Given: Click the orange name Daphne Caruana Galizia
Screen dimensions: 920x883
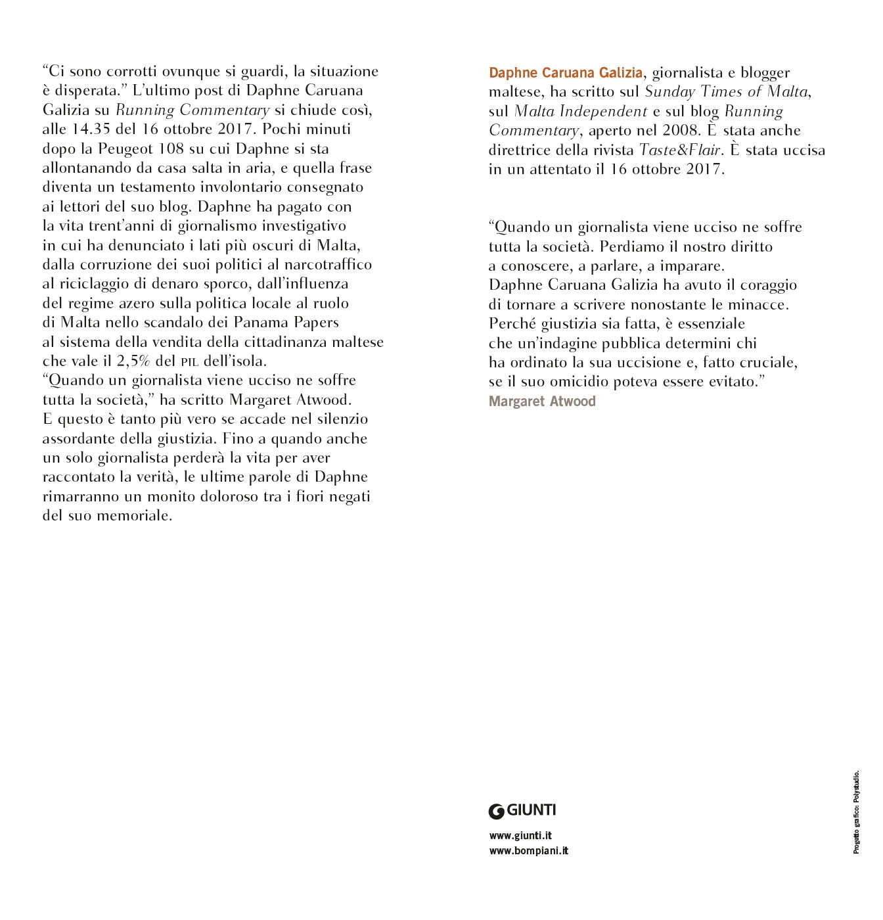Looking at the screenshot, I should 565,72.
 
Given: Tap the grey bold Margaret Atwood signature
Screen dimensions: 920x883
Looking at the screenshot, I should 542,402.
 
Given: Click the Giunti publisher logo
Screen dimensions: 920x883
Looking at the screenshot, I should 522,811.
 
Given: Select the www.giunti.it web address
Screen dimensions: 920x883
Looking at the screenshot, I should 520,836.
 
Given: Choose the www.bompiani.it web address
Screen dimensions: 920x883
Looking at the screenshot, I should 528,851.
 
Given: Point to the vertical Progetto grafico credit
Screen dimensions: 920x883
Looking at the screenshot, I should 856,812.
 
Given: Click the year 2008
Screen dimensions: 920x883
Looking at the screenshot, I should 680,130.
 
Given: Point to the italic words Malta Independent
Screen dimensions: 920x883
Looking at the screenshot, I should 581,111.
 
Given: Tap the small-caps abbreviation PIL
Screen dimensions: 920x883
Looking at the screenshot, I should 190,362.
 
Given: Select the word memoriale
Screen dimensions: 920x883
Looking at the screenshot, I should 134,516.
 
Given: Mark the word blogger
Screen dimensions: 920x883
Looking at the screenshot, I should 765,73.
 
